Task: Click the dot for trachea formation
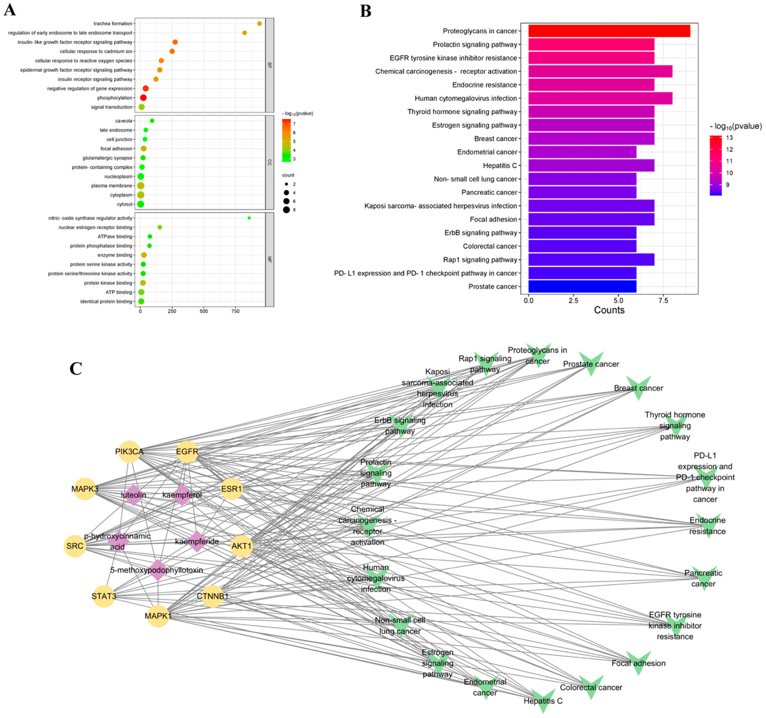click(x=259, y=23)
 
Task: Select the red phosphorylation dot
click(x=143, y=98)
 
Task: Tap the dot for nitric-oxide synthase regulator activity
click(x=249, y=218)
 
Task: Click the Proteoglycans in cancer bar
click(x=609, y=31)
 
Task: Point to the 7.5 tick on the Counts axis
click(x=663, y=300)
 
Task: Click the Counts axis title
click(x=609, y=310)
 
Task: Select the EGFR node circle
click(x=187, y=452)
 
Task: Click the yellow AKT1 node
click(x=242, y=546)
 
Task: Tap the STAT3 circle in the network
click(x=104, y=596)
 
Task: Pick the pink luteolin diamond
click(x=133, y=495)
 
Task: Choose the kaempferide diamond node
click(x=197, y=542)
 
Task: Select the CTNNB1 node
click(x=213, y=596)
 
